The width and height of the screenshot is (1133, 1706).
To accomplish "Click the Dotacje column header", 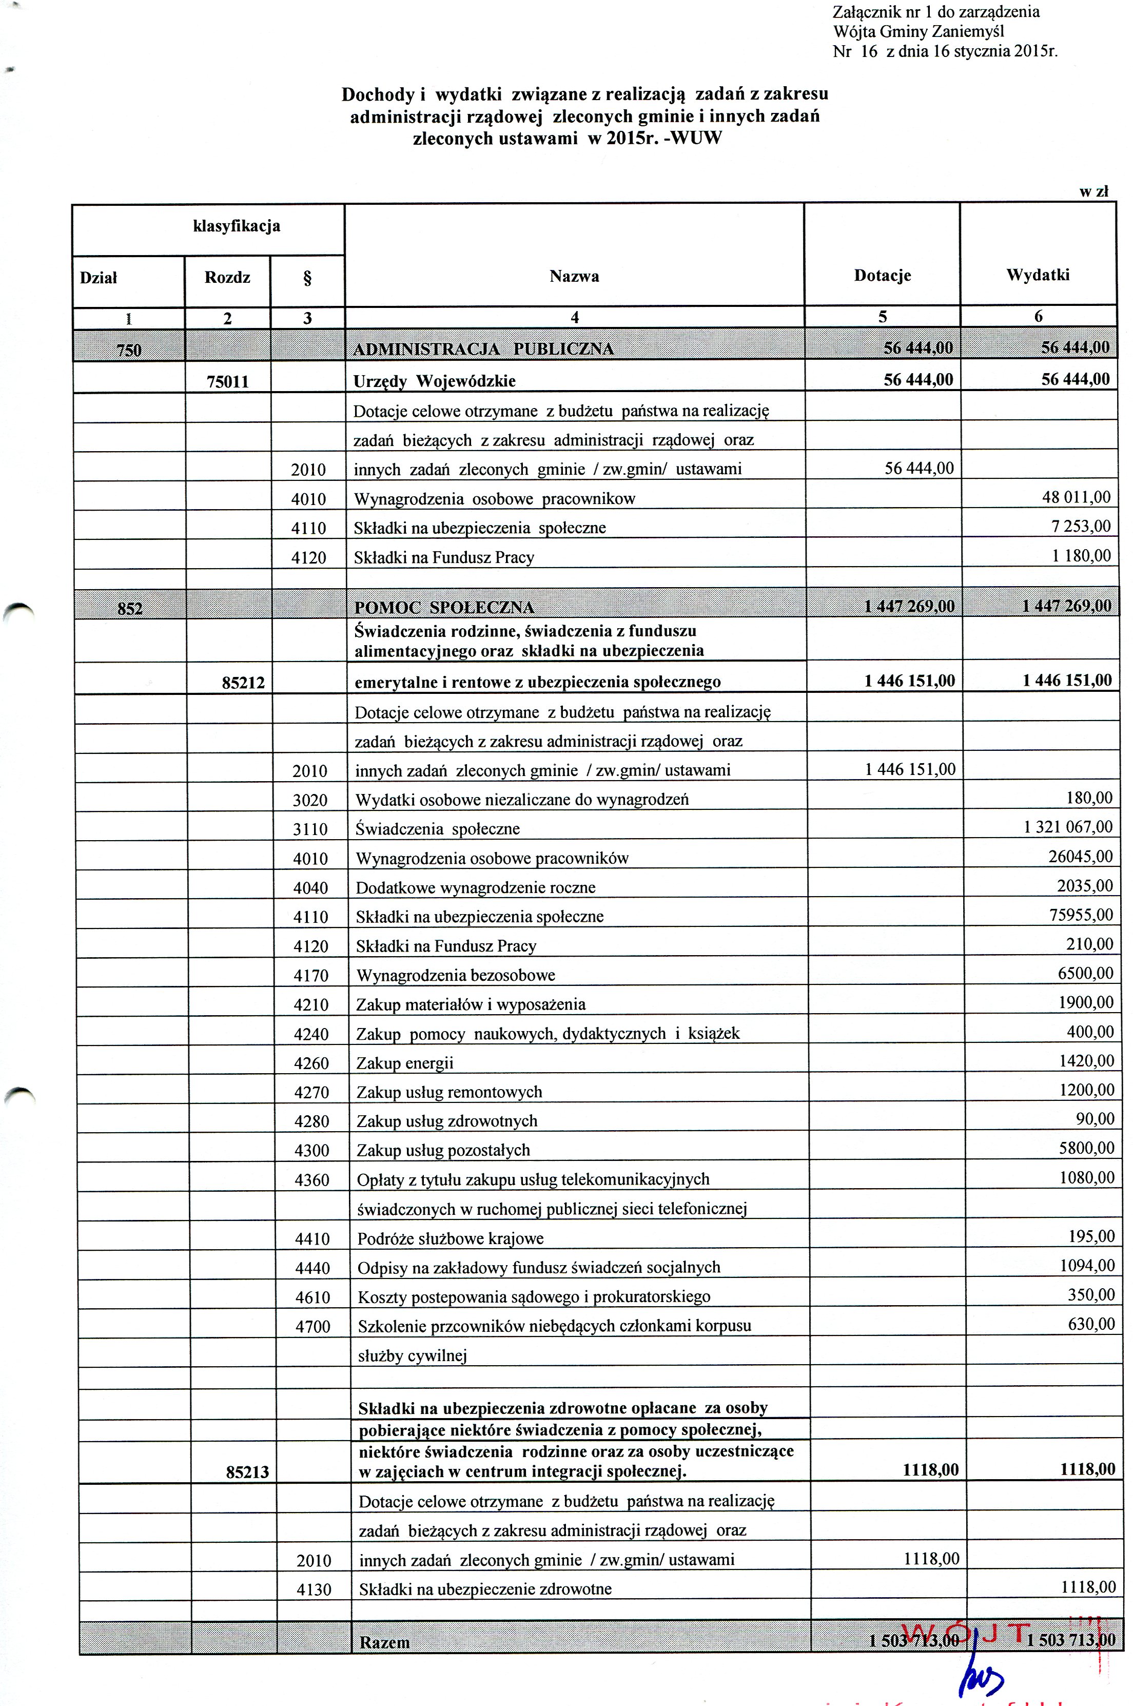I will (882, 275).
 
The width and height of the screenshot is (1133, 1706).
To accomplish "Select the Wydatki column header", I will (1038, 275).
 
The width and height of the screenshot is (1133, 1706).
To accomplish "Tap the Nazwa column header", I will (574, 276).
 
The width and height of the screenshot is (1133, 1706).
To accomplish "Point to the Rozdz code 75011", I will (228, 381).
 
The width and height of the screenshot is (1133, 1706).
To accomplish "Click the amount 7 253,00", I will (1081, 526).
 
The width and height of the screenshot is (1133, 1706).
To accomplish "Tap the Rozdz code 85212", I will (244, 682).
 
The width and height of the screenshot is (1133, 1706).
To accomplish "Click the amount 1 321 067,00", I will (1068, 827).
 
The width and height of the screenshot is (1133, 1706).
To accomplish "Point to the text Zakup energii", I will (405, 1063).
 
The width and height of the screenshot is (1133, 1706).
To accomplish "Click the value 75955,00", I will (1081, 915).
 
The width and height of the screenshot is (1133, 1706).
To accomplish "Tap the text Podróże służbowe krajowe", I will (450, 1238).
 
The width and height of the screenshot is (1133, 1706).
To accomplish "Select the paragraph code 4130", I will (314, 1589).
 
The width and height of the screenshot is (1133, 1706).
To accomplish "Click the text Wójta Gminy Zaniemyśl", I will (917, 31).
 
